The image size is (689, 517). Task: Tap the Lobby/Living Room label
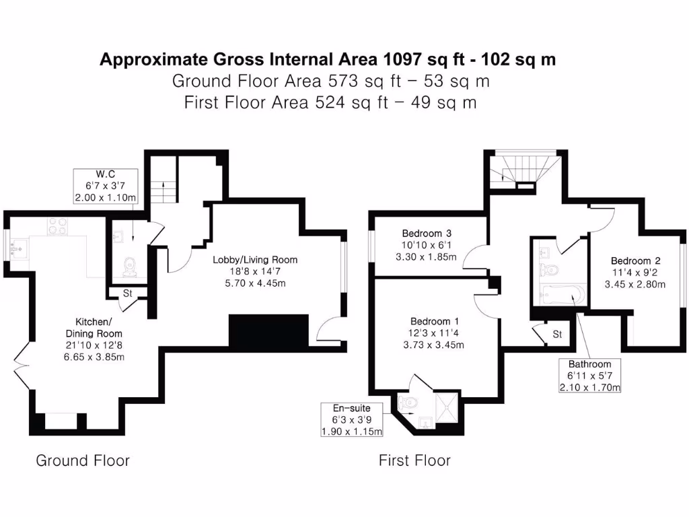255,271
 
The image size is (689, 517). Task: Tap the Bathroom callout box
589,376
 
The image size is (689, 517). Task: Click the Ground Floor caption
82,460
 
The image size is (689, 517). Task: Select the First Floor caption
414,460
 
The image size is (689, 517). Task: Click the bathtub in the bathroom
558,294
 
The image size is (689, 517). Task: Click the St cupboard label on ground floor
127,294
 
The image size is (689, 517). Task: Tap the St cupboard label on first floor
558,334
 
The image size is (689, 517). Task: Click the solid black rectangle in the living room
268,330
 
